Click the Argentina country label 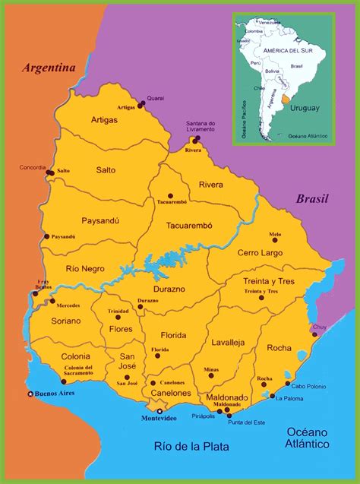(49, 68)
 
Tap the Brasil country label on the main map (311, 199)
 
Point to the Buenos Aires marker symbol (30, 394)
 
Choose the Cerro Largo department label (260, 252)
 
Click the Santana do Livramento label (201, 127)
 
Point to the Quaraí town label (155, 98)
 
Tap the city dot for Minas (211, 375)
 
